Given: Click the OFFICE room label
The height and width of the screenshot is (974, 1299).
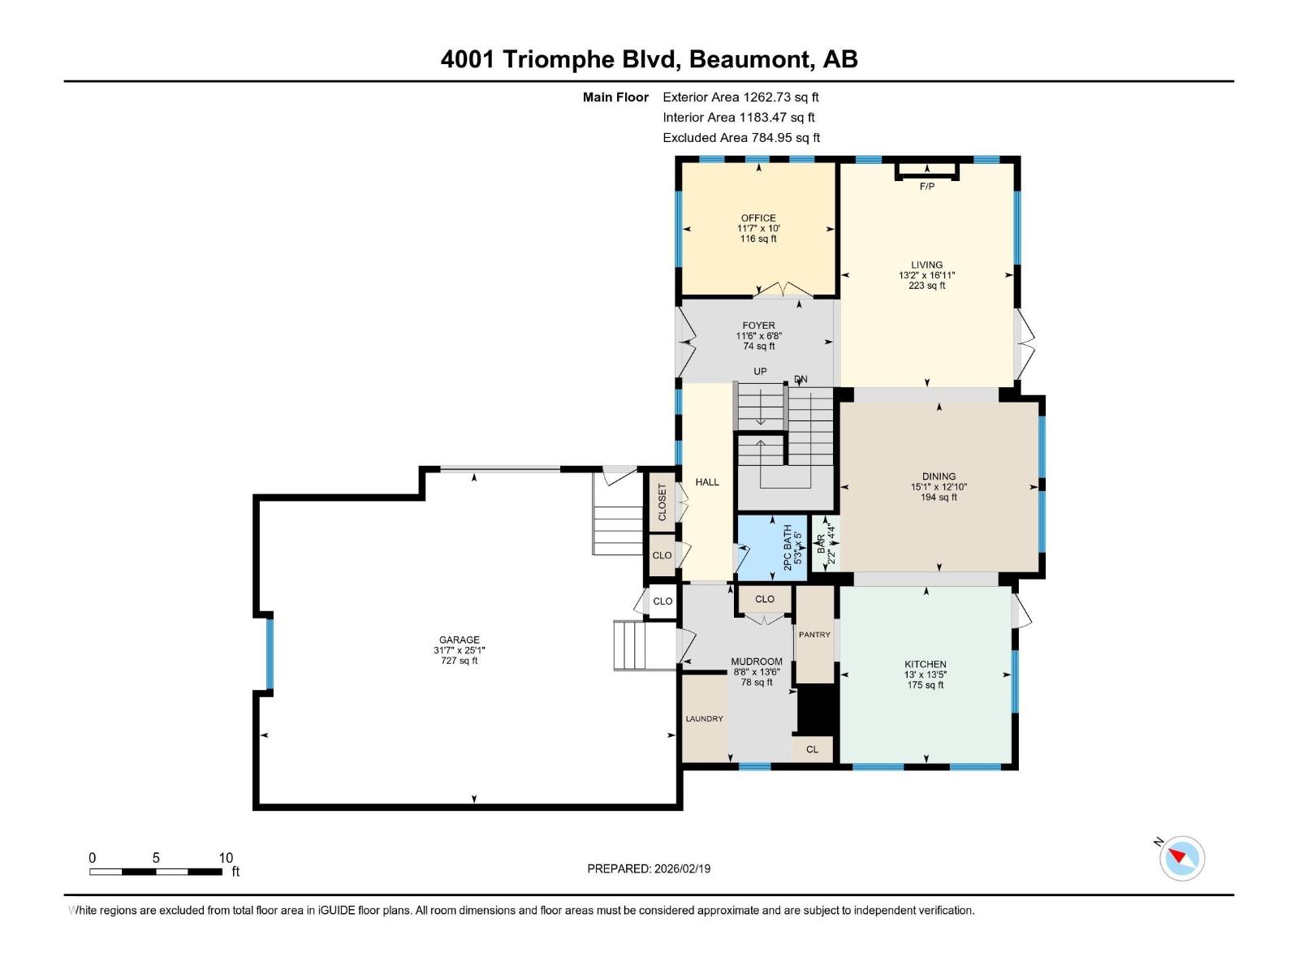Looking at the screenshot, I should point(758,218).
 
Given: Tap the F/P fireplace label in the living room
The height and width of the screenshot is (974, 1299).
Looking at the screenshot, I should point(926,187).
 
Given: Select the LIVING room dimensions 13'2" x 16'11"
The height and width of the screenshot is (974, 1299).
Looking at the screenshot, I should point(926,275).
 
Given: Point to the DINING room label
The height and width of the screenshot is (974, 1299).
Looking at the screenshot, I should point(939,476).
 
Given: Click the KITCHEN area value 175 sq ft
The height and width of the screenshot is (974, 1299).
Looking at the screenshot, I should point(925,685).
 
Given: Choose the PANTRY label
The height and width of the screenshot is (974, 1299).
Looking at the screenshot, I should point(814,635).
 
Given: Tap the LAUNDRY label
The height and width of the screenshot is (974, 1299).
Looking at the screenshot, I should point(704,719).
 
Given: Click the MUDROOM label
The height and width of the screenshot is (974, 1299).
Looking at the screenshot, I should point(756,662).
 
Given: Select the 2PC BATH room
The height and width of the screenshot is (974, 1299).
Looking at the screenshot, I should point(772,548).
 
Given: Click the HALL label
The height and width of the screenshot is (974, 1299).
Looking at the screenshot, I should point(707,482).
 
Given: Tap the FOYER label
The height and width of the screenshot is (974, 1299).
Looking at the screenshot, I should point(758,325).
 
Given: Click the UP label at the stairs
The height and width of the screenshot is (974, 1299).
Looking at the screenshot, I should point(760,372).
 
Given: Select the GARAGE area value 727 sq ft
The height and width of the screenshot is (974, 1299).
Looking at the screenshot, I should point(459,661).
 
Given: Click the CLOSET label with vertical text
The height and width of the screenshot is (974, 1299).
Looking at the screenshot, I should point(662,502).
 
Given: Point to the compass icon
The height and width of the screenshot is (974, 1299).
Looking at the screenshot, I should point(1182,858).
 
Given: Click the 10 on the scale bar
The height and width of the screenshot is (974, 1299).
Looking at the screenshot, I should point(226,858).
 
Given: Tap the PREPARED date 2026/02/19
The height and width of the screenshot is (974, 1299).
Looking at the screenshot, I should point(681,868).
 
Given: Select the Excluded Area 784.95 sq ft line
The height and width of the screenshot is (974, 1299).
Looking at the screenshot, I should point(741,138).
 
